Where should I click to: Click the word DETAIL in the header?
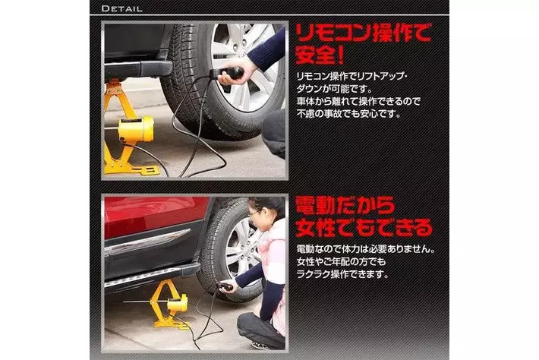[x=122, y=8]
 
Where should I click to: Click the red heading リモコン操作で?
[x=363, y=33]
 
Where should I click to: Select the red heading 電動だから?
[x=345, y=206]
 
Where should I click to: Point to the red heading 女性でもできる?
[x=364, y=228]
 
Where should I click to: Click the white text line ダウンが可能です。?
[x=335, y=89]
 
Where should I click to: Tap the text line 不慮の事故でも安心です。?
[x=349, y=114]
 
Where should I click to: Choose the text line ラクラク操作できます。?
[x=342, y=275]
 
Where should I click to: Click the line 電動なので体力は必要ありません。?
[x=365, y=249]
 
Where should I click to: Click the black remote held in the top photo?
[x=228, y=73]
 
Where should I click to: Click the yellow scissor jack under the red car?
[x=169, y=305]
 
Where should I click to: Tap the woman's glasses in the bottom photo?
[x=254, y=213]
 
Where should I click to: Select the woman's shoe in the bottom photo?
[x=260, y=346]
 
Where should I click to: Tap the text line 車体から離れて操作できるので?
[x=358, y=102]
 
